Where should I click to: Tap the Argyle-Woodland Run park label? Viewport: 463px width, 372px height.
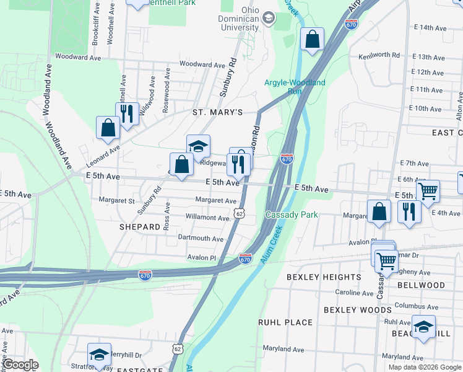294,86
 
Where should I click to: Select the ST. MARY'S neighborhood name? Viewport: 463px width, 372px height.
217,112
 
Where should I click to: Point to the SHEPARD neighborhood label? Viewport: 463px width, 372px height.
140,228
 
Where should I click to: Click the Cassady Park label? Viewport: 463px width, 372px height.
292,215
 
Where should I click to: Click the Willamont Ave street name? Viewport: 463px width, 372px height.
209,218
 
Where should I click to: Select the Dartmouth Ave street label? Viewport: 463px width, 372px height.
201,239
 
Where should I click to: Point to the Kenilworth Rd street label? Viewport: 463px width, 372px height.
379,55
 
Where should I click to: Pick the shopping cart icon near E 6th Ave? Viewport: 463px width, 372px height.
428,191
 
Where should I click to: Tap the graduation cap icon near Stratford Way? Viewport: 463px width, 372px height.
99,354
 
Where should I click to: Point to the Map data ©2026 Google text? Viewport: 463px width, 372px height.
425,367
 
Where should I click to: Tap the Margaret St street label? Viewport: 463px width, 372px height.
117,201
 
